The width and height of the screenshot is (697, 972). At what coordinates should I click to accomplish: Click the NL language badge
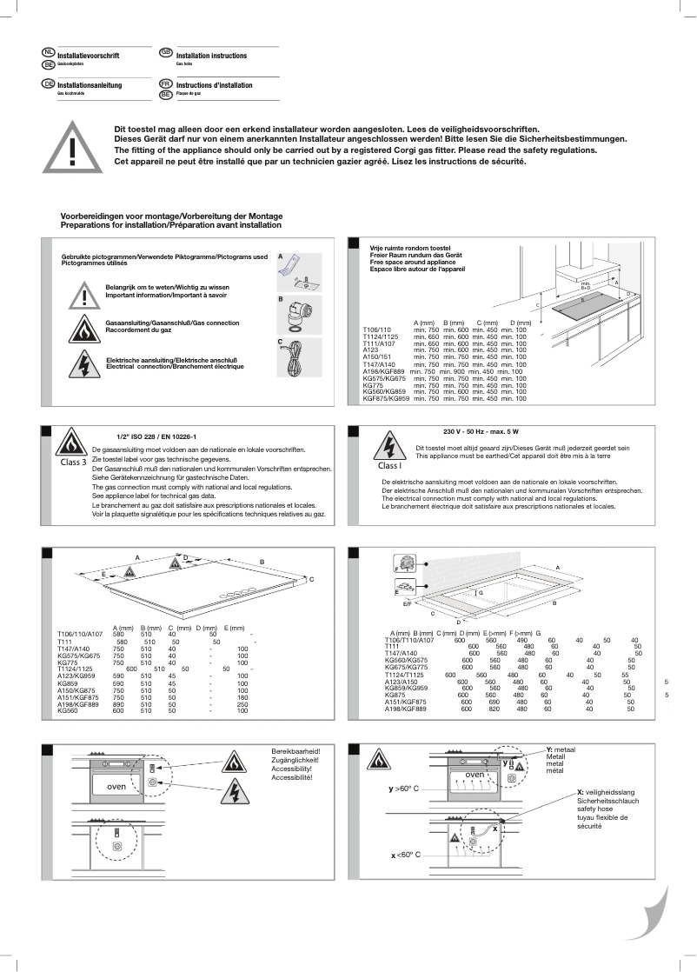(x=49, y=53)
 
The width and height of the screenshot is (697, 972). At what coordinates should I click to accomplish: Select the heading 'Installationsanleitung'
(x=89, y=85)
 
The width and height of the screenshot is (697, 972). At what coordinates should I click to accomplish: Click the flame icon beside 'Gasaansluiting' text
(x=84, y=330)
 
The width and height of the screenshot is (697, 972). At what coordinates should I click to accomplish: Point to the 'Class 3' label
(x=73, y=463)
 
